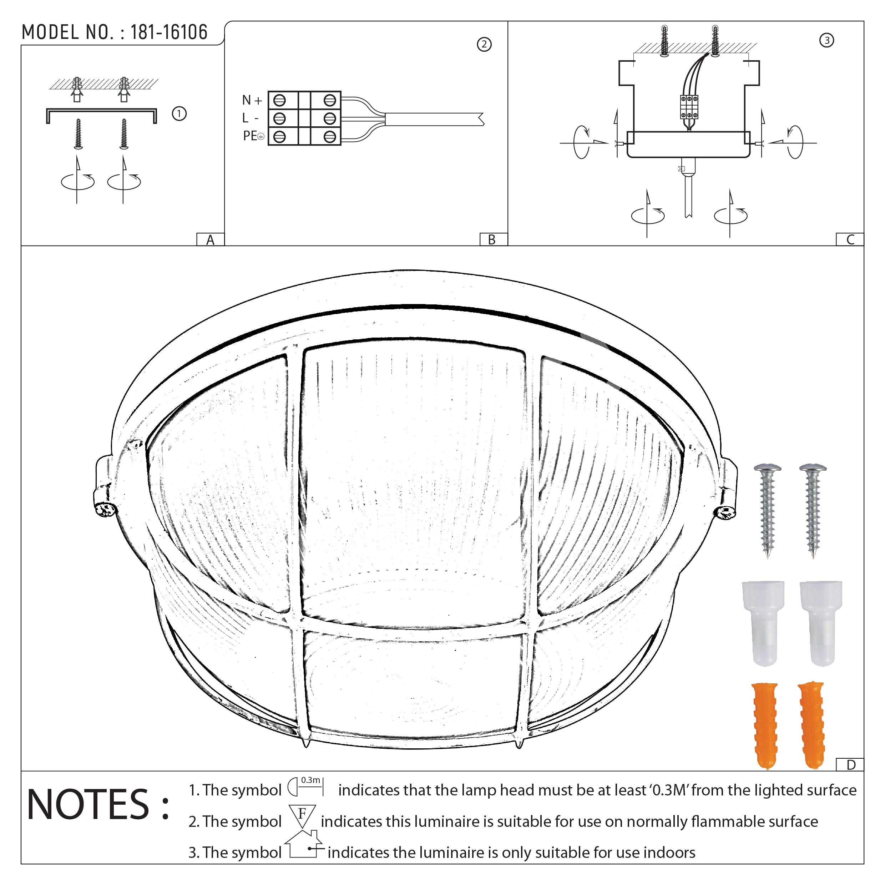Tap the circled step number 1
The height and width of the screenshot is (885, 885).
179,113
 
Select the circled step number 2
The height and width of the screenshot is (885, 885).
484,45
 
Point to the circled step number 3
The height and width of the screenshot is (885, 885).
826,40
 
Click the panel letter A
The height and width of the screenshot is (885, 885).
210,239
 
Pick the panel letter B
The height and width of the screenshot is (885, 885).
491,239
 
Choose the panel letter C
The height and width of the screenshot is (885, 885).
850,239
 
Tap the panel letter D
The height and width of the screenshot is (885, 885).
851,764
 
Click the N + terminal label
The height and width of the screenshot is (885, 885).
252,100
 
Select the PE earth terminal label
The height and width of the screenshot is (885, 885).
253,136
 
